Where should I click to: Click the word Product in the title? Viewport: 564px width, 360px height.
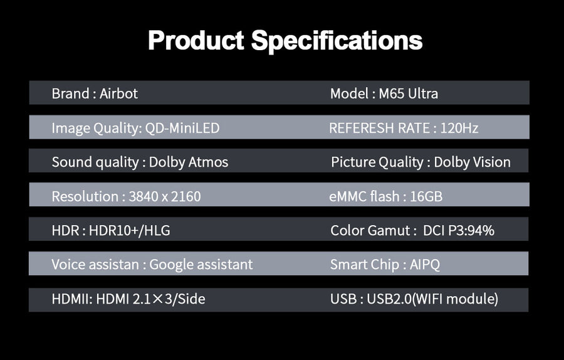click(x=196, y=40)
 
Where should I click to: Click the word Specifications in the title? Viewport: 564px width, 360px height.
click(x=337, y=41)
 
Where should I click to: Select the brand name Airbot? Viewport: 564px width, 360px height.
click(x=118, y=93)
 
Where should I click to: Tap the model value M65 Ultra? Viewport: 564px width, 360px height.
click(x=408, y=93)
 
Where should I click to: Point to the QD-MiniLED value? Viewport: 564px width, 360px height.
click(x=182, y=128)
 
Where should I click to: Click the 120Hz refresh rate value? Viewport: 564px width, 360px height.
click(x=459, y=128)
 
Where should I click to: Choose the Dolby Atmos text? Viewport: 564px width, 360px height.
click(x=189, y=162)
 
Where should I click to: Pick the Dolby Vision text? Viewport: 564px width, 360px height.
click(x=473, y=162)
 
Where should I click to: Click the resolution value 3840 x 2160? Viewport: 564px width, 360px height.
click(x=165, y=196)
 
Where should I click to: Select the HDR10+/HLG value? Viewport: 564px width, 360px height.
click(x=130, y=230)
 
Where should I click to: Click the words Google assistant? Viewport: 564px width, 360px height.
click(x=201, y=265)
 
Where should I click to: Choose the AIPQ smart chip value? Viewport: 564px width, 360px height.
click(x=425, y=265)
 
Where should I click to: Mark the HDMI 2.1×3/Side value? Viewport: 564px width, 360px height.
click(x=150, y=299)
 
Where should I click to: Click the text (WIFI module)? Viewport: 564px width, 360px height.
click(x=455, y=299)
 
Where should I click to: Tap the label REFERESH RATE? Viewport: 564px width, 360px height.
click(x=380, y=128)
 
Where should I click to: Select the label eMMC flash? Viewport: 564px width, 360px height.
click(x=364, y=196)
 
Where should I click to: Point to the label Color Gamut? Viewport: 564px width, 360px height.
click(x=370, y=230)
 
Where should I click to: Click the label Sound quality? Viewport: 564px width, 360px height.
click(x=95, y=162)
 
